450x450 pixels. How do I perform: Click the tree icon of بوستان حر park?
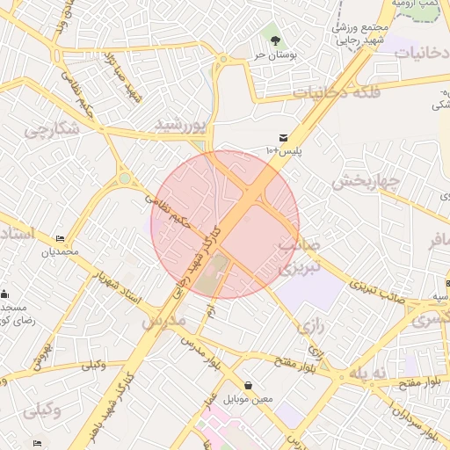click(x=276, y=40)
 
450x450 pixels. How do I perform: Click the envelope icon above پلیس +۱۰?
click(x=283, y=138)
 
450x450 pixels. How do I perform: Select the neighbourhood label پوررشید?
click(x=180, y=125)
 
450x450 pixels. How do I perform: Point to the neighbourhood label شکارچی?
click(x=50, y=133)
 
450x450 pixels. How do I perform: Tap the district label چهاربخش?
click(x=366, y=182)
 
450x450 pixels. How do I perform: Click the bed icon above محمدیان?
click(x=60, y=239)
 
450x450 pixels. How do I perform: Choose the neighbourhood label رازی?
click(x=308, y=326)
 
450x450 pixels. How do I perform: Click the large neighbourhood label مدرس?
click(x=164, y=322)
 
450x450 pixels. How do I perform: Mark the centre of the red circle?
click(x=225, y=224)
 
